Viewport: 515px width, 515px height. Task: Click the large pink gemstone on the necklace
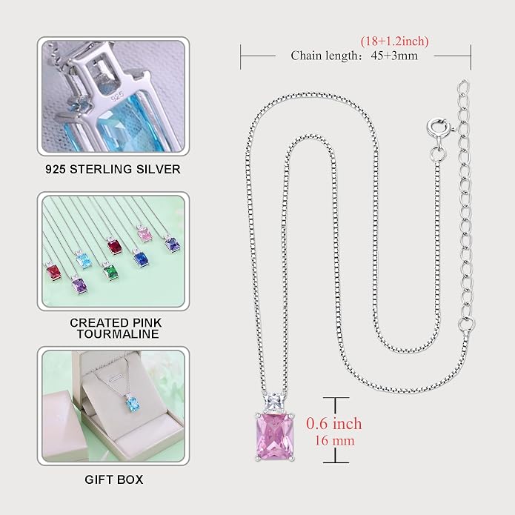(275, 436)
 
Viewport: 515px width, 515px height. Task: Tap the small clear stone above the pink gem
(272, 402)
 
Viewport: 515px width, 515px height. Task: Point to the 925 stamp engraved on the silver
(117, 96)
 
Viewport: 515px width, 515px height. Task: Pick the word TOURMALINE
(118, 334)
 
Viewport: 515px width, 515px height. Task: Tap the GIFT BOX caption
(113, 479)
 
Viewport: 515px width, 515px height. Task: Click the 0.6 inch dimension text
(334, 423)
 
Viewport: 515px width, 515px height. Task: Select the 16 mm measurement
(335, 441)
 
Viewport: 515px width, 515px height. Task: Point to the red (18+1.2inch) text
(394, 41)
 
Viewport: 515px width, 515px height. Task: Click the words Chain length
(324, 56)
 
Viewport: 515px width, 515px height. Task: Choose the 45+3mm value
(394, 56)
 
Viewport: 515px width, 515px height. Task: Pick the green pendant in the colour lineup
(110, 272)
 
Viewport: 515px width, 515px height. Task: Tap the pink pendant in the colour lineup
(144, 234)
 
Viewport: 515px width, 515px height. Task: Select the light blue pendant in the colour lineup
(84, 260)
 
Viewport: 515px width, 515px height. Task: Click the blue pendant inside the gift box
(133, 405)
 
